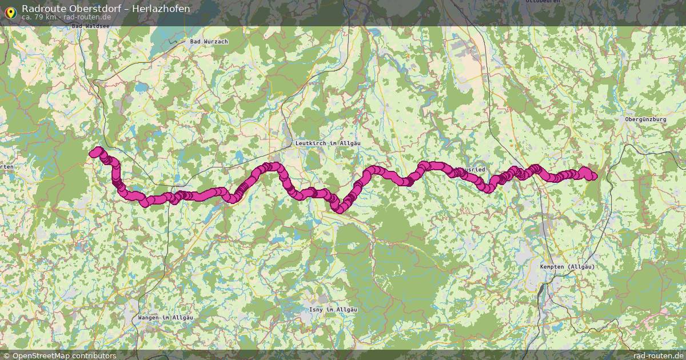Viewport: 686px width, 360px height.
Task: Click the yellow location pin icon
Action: (10, 11)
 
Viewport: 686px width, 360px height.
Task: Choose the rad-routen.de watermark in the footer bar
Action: (658, 355)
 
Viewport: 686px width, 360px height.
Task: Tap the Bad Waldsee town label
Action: (90, 26)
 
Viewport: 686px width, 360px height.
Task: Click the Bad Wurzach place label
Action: (209, 42)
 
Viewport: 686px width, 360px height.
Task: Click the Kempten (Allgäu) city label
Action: (567, 267)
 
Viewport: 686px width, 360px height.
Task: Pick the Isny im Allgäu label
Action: (333, 310)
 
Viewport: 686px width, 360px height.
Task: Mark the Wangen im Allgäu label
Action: (166, 318)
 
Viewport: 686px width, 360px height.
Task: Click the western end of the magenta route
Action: (93, 153)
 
